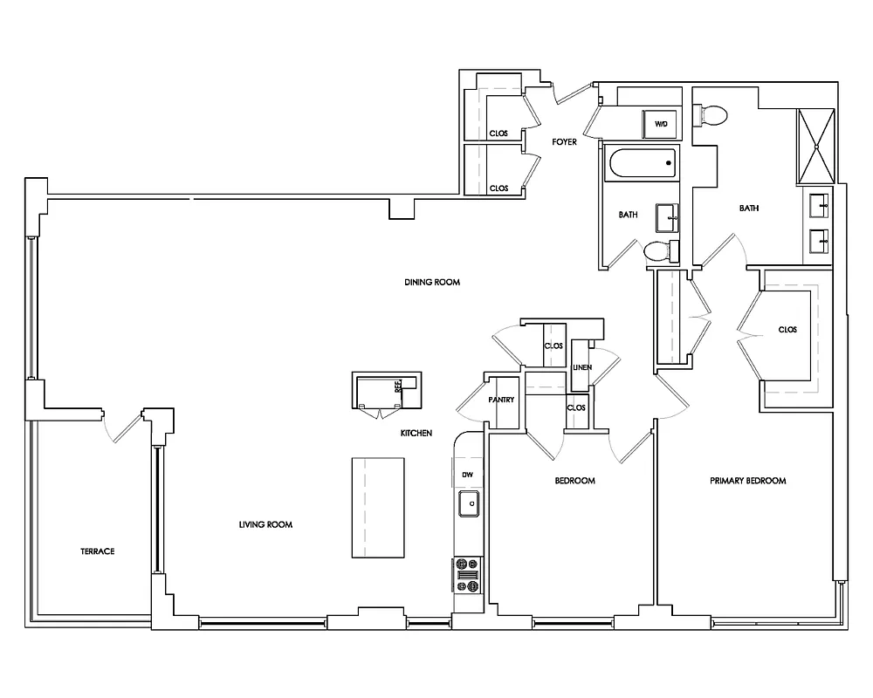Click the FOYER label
(x=564, y=141)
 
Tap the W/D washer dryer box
(x=661, y=124)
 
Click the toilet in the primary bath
(x=711, y=114)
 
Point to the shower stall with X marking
(x=816, y=147)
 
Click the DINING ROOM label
(x=431, y=283)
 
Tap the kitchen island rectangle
(x=379, y=507)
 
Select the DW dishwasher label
(x=468, y=474)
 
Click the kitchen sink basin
(x=469, y=503)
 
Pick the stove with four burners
(x=467, y=575)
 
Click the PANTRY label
(x=501, y=400)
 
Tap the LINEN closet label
(x=581, y=367)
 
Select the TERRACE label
(x=98, y=551)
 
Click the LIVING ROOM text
(x=265, y=524)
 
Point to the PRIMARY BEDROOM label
(x=747, y=481)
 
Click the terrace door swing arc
(x=120, y=425)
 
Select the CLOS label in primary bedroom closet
(x=787, y=330)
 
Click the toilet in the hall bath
(x=660, y=251)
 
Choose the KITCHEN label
(x=416, y=433)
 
